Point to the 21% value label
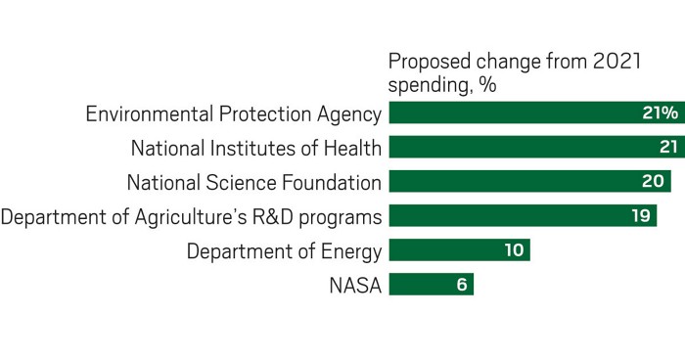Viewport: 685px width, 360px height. pyautogui.click(x=660, y=113)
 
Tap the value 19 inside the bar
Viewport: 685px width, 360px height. pyautogui.click(x=641, y=216)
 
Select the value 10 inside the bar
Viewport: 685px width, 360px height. pyautogui.click(x=514, y=250)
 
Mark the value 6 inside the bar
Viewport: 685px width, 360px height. pyautogui.click(x=462, y=285)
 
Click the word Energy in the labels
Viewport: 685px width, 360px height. pyautogui.click(x=351, y=250)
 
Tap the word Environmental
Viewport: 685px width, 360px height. pyautogui.click(x=146, y=113)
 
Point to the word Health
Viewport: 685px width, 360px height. pyautogui.click(x=351, y=148)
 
